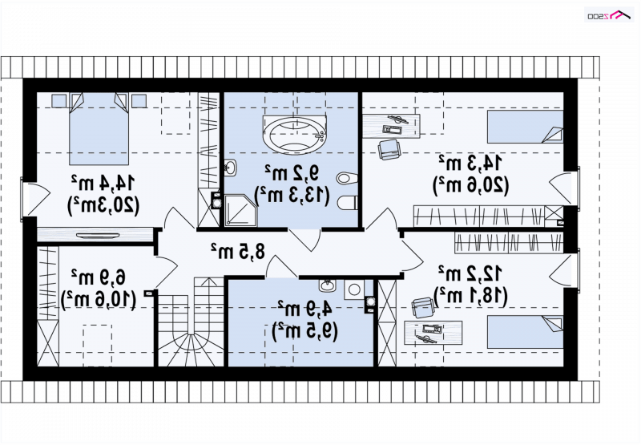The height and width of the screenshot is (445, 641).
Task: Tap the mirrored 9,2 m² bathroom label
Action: pyautogui.click(x=292, y=173)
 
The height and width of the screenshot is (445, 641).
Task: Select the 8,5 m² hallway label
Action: pyautogui.click(x=238, y=251)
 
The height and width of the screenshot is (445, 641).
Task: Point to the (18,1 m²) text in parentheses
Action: pyautogui.click(x=470, y=295)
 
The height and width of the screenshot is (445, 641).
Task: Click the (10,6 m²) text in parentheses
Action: pyautogui.click(x=98, y=300)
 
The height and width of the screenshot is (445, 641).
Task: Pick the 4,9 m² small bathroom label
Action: pyautogui.click(x=304, y=309)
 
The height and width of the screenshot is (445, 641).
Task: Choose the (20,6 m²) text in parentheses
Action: pyautogui.click(x=471, y=185)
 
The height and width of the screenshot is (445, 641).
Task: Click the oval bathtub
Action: pyautogui.click(x=295, y=136)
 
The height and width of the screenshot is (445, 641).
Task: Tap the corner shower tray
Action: pyautogui.click(x=240, y=210)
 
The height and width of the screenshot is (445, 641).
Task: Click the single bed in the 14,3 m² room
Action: pyautogui.click(x=526, y=127)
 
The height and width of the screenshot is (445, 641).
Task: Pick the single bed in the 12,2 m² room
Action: pyautogui.click(x=526, y=332)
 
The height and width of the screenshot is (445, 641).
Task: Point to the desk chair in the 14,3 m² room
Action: pyautogui.click(x=389, y=149)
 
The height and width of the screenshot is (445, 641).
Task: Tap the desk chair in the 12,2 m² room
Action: pyautogui.click(x=423, y=307)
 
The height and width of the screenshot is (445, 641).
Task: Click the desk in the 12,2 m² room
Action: pyautogui.click(x=433, y=333)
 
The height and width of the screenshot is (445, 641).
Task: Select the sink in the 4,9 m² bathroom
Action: pyautogui.click(x=328, y=285)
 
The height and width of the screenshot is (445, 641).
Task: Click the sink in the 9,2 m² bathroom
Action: pyautogui.click(x=231, y=168)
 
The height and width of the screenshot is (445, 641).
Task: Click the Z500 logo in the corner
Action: pyautogui.click(x=610, y=15)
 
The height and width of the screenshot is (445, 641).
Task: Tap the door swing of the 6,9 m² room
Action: pyautogui.click(x=167, y=272)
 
